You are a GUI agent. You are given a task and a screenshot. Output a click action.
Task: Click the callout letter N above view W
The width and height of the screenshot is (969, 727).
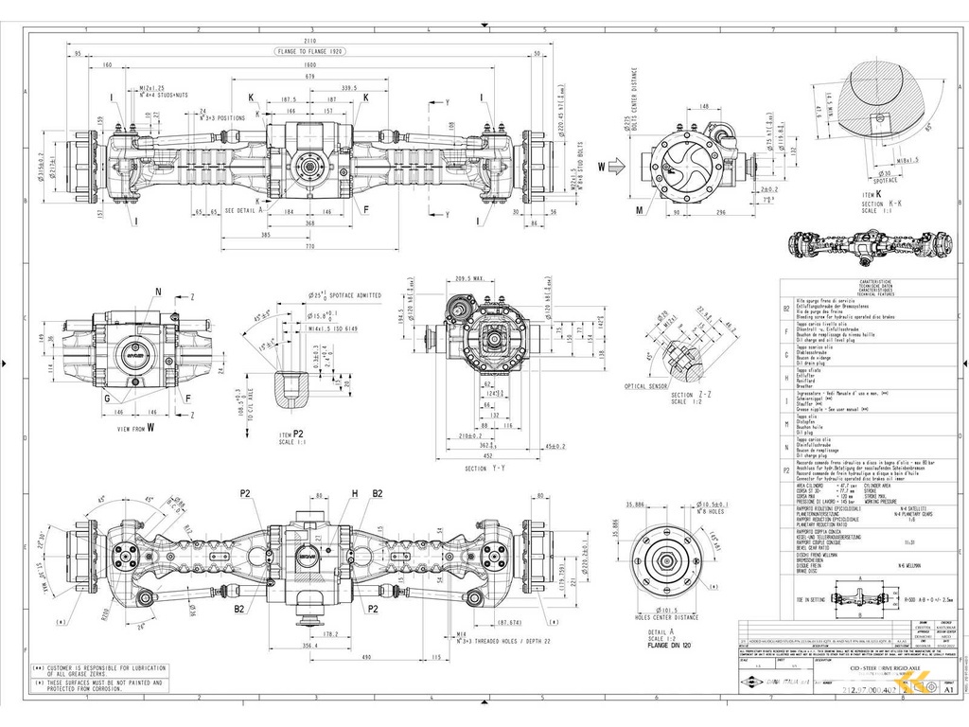coord(157,292)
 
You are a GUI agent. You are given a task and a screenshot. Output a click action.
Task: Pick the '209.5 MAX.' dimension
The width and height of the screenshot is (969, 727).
coord(468,279)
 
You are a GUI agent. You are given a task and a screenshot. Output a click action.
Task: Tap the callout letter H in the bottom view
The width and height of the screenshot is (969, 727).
coord(355,493)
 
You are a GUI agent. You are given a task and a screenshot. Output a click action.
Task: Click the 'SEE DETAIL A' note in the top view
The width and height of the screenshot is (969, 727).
coord(239,210)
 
